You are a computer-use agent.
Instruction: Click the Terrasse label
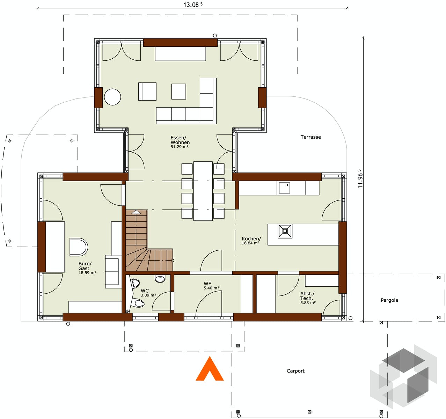(x=310, y=137)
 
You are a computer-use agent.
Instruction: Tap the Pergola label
(x=389, y=300)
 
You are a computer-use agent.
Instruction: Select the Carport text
(x=295, y=371)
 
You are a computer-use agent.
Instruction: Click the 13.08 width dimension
(x=193, y=5)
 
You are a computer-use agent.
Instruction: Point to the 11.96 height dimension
(x=360, y=178)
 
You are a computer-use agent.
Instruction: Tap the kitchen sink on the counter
(x=284, y=188)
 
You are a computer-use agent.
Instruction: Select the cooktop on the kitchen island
(x=285, y=231)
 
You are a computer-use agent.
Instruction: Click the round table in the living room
(x=112, y=97)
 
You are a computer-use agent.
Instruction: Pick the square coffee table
(x=178, y=91)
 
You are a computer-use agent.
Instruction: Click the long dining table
(x=203, y=191)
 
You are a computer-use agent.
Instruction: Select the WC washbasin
(x=160, y=278)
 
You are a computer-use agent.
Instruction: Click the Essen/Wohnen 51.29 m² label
(x=180, y=142)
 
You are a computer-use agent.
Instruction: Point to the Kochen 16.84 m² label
(x=251, y=241)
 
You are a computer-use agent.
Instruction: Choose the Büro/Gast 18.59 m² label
(x=87, y=268)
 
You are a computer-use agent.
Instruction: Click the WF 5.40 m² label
(x=211, y=286)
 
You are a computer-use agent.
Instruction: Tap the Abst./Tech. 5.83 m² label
(x=308, y=298)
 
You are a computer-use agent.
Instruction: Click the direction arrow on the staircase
(x=136, y=212)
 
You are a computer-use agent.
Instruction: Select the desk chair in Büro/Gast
(x=79, y=247)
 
